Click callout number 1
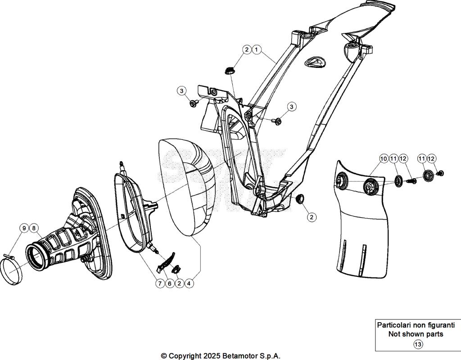point(256,49)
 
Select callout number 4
point(190,283)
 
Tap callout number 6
point(169,283)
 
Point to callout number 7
point(159,283)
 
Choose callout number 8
point(34,228)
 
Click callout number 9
point(24,228)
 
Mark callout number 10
point(383,158)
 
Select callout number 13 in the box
point(418,344)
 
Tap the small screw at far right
point(441,173)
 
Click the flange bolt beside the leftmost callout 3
point(194,104)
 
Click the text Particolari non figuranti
point(416,325)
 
